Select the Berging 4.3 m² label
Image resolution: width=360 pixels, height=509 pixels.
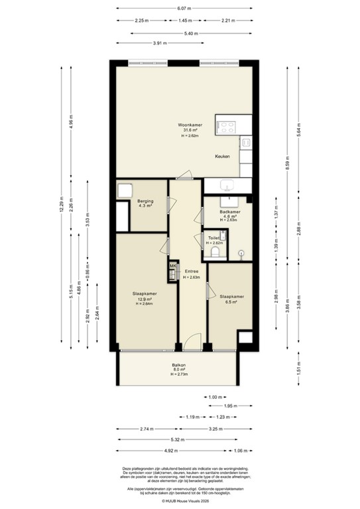pos(146,203)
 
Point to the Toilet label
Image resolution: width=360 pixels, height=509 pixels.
pos(214,238)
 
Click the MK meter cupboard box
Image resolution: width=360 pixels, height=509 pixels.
pos(173,267)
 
